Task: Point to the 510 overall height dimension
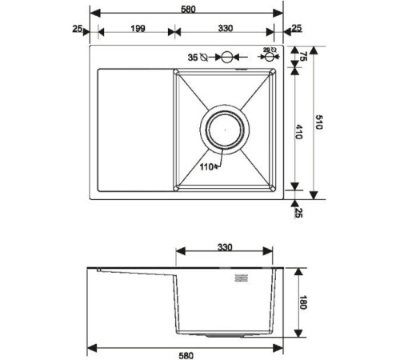coord(319,122)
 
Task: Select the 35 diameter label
coord(192,58)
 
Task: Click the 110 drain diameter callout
coord(208,167)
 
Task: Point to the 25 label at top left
coord(78,29)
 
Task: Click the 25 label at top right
coord(296,29)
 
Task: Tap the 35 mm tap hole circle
coord(226,58)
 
